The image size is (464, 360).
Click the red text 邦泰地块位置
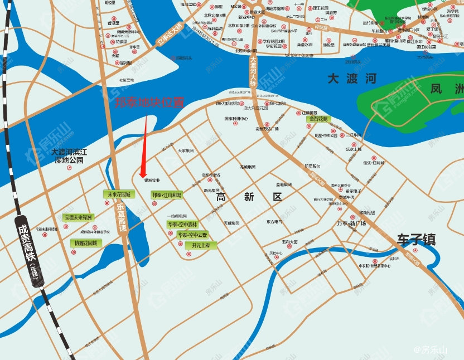(149, 103)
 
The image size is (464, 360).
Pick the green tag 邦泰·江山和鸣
(166, 195)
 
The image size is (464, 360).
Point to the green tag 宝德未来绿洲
(78, 217)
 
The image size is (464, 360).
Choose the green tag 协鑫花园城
(84, 243)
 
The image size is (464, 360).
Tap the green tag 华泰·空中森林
(182, 225)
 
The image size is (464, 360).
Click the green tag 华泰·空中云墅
(192, 235)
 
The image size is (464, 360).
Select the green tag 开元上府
(200, 245)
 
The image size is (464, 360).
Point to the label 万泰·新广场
(351, 223)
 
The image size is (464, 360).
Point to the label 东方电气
(274, 222)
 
